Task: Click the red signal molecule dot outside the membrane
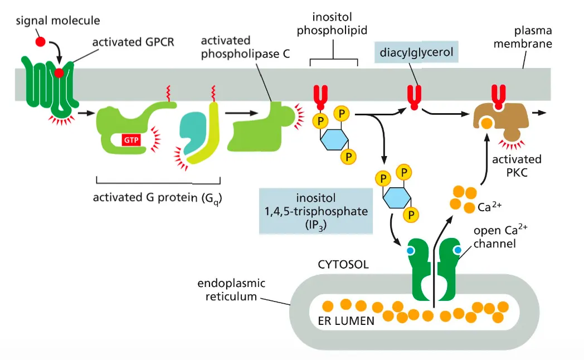[40, 42]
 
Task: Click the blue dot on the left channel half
[411, 251]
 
